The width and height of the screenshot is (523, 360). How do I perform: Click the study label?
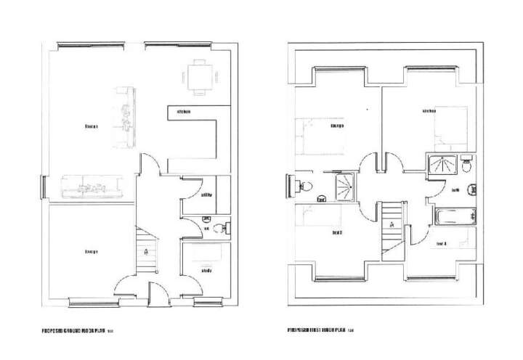coord(207,271)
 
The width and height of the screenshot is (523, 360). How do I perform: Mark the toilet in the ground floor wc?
coord(222,226)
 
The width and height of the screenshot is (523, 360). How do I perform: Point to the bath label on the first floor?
coord(455,190)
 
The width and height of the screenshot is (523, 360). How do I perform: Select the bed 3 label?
coord(337,233)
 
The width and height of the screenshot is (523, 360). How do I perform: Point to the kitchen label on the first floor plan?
coord(429,111)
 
